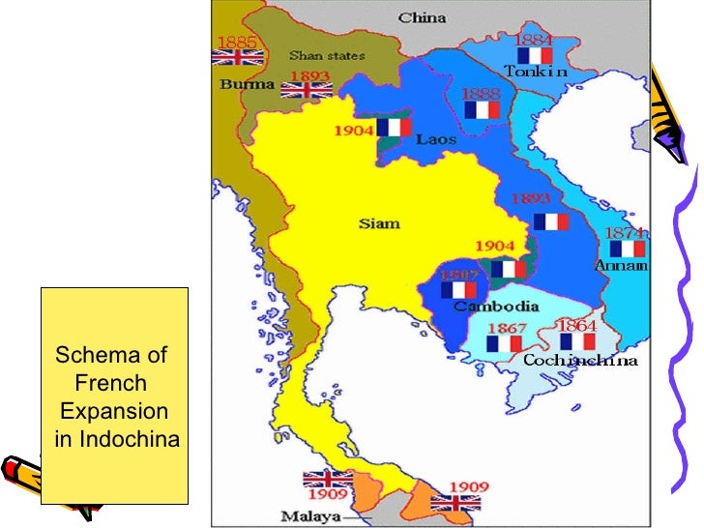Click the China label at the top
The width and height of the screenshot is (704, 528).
[x=422, y=17]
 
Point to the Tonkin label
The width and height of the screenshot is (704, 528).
[x=535, y=72]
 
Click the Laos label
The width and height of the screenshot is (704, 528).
[x=436, y=139]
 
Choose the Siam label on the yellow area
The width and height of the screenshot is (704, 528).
[x=379, y=223]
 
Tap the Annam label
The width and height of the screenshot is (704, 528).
[x=621, y=265]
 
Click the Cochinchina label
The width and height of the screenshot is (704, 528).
[x=580, y=361]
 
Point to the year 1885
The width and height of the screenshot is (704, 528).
[x=236, y=42]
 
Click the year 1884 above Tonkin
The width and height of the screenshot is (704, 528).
[x=534, y=40]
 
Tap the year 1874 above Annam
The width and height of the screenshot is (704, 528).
[x=626, y=233]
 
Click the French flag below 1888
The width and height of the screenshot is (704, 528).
[x=482, y=110]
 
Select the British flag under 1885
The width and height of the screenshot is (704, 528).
[x=232, y=57]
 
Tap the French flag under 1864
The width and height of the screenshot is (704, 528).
[x=578, y=342]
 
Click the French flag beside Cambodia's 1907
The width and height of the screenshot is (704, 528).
[x=458, y=289]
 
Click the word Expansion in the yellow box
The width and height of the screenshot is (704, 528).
[x=113, y=409]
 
